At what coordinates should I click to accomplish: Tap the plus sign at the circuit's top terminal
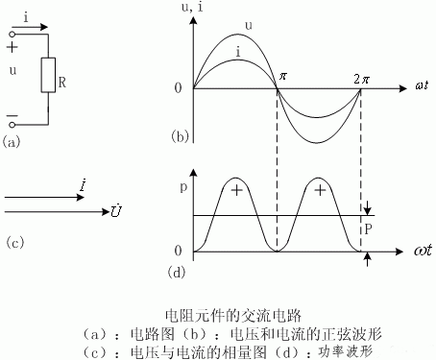coord(11,45)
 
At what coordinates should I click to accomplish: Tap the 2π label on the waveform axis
coord(362,76)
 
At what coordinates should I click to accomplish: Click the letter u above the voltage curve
coord(250,26)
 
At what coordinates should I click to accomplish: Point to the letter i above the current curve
coord(237,49)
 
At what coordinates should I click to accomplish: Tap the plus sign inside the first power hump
coord(235,190)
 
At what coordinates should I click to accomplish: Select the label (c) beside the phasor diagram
coord(13,241)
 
